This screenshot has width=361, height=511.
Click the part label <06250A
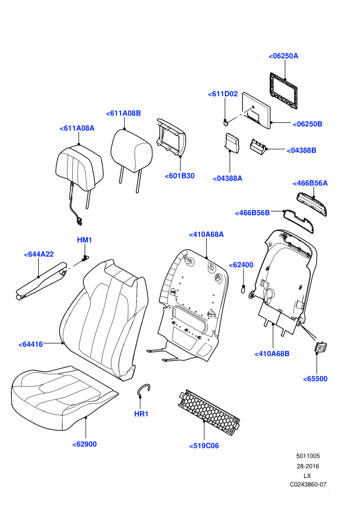(x=283, y=56)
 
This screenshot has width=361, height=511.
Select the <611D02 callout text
(x=223, y=94)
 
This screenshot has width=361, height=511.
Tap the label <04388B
(x=301, y=150)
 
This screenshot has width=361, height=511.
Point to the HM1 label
(x=84, y=240)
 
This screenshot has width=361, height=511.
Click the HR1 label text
(x=141, y=414)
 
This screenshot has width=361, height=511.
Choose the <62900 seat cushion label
(x=84, y=444)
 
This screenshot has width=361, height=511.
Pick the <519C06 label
(x=204, y=446)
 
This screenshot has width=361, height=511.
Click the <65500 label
(x=315, y=379)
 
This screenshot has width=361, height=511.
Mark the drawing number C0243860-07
(x=308, y=485)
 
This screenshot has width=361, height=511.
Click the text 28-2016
(x=307, y=466)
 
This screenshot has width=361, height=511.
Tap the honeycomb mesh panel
(x=209, y=412)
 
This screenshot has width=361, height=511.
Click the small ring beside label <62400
(x=243, y=289)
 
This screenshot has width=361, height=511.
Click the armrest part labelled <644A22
(x=42, y=281)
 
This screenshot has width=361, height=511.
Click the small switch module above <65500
(x=321, y=347)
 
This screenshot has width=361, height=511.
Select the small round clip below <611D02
(x=225, y=122)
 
